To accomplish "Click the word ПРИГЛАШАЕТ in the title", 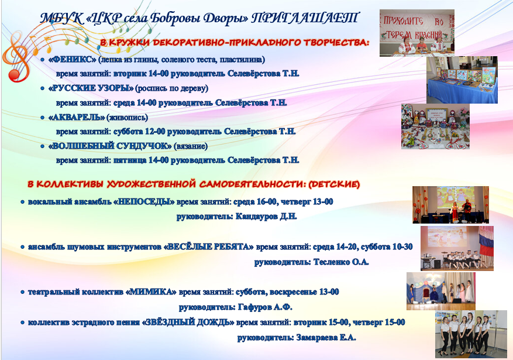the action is (x=305, y=18).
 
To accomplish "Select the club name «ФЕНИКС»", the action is (x=73, y=60).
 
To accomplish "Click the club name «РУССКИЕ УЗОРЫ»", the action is (x=91, y=88).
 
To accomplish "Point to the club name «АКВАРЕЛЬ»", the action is (x=77, y=117).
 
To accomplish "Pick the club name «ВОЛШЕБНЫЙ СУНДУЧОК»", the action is (x=110, y=146).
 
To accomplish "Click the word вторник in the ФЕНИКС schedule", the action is (x=129, y=74).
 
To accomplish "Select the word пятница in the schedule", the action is (x=129, y=160).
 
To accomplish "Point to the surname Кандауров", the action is (x=256, y=217).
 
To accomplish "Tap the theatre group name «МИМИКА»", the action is (x=151, y=292).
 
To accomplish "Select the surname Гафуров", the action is (x=255, y=307).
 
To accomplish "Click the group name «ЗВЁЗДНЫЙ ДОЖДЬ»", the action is (x=188, y=323).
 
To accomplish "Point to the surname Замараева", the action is (x=316, y=337).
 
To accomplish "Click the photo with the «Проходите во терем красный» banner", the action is (x=417, y=33).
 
